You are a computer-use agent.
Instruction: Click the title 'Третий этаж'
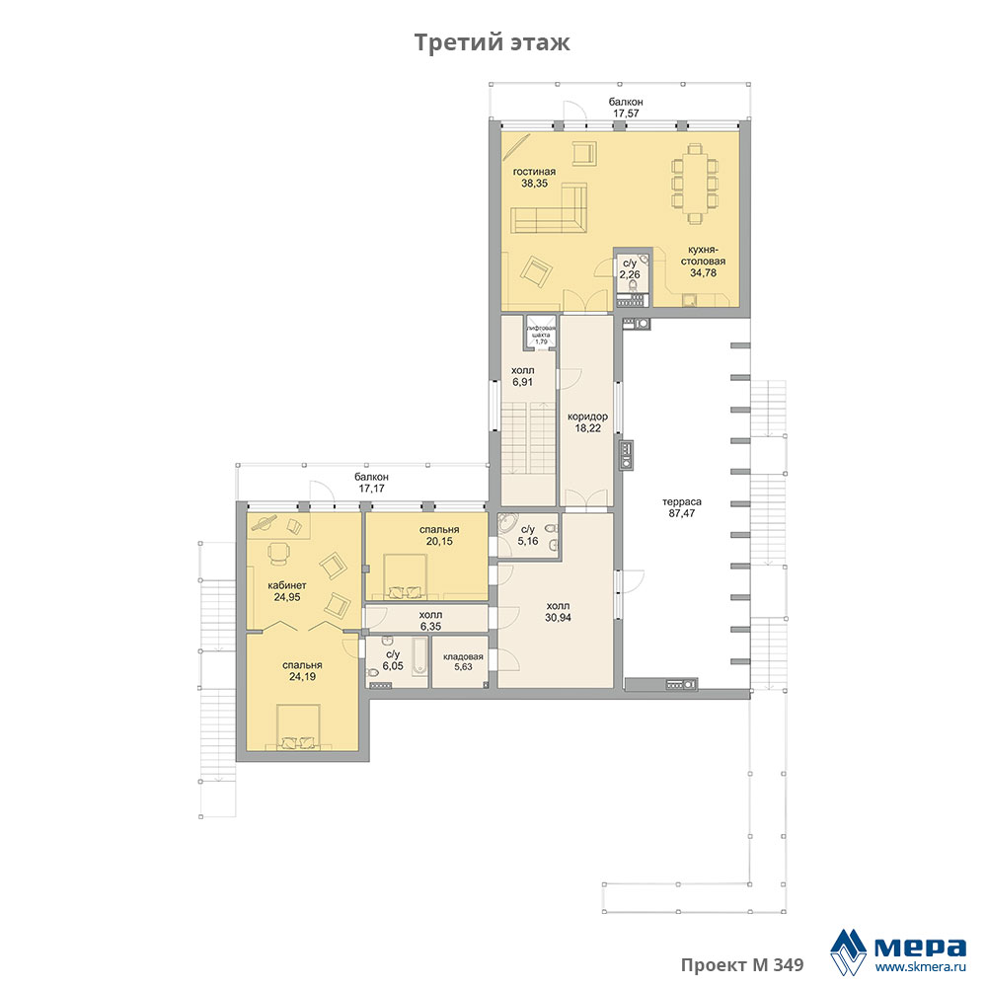[493, 42]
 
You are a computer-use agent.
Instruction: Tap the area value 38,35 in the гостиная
[534, 184]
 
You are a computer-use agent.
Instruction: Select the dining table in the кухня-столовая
[695, 184]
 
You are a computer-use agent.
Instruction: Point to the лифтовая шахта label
[541, 332]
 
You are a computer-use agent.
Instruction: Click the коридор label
[587, 417]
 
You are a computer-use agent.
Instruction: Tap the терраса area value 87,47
[682, 513]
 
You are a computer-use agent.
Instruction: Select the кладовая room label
[463, 656]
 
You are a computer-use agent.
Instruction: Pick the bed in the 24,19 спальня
[298, 727]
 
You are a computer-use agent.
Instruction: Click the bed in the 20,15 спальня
[403, 575]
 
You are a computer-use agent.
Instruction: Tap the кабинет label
[287, 585]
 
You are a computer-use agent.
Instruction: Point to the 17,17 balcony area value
[371, 489]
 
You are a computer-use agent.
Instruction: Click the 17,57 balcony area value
[627, 114]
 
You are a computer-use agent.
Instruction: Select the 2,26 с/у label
[630, 268]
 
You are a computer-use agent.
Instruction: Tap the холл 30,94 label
[559, 612]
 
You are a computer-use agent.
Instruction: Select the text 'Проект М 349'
[742, 964]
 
